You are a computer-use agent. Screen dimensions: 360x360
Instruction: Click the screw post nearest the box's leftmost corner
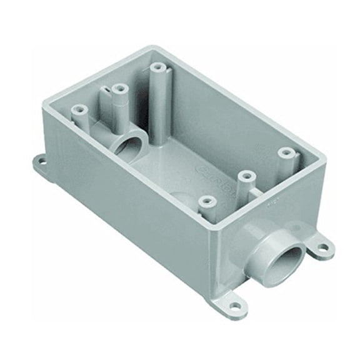(78, 110)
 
